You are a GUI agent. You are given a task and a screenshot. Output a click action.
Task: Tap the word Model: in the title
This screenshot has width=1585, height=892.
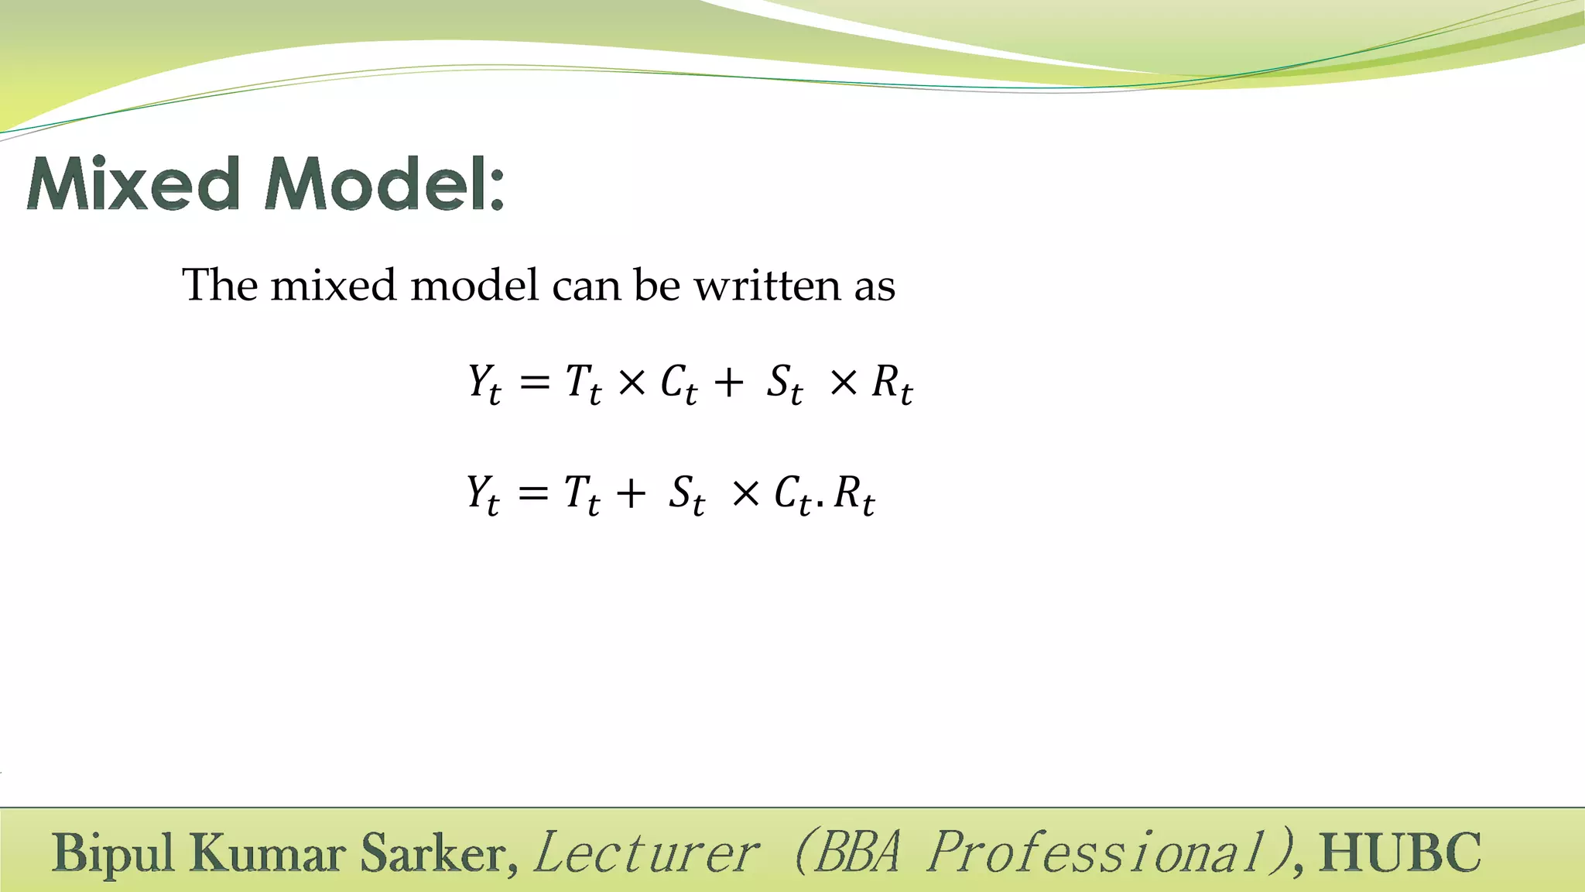click(384, 184)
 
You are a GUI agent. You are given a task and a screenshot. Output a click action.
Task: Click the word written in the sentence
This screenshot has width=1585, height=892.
click(767, 285)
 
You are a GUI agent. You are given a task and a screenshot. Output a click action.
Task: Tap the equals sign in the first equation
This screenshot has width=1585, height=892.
click(534, 382)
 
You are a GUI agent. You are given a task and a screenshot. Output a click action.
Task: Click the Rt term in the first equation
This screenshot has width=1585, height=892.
click(892, 383)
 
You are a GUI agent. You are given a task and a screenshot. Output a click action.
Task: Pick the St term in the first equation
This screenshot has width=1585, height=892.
click(785, 383)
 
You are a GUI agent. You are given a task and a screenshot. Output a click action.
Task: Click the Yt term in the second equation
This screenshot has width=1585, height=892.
click(483, 494)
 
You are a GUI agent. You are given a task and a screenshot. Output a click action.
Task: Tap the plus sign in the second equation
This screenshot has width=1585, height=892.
click(631, 493)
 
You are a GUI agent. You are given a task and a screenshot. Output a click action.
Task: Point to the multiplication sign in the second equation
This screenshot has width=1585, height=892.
click(745, 493)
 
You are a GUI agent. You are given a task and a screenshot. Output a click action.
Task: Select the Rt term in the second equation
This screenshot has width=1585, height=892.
click(854, 494)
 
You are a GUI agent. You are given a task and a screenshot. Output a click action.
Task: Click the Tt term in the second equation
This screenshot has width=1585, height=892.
click(581, 494)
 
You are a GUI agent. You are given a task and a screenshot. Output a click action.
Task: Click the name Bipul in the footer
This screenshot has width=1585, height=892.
click(113, 853)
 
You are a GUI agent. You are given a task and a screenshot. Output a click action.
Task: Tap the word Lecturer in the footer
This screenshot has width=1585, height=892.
click(645, 853)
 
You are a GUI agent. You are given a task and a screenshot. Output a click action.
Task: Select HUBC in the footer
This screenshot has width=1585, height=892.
click(1400, 853)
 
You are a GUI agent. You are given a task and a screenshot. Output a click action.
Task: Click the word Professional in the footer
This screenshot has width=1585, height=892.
click(1108, 853)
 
